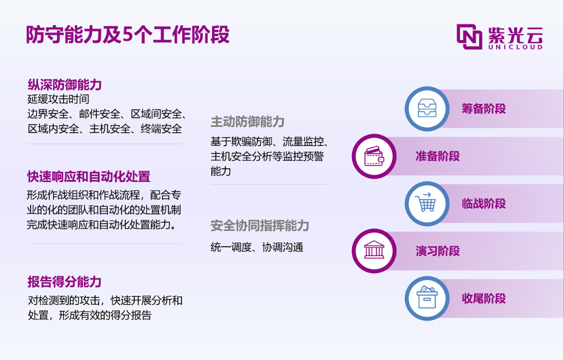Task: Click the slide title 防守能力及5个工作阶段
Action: tap(128, 35)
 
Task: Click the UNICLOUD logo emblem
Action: tap(470, 36)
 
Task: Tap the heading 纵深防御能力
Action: tap(65, 85)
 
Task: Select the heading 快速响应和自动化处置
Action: tap(88, 177)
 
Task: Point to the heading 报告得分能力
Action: tap(65, 282)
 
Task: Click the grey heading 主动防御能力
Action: tap(247, 122)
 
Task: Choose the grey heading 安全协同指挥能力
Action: tap(260, 226)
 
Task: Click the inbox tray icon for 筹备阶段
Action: tap(427, 108)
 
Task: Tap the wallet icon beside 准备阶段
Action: tap(374, 156)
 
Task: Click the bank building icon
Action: tap(374, 250)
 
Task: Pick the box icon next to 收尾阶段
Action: tap(427, 298)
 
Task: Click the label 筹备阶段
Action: tap(484, 109)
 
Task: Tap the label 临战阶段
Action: tap(484, 204)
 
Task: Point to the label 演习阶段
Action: tap(438, 251)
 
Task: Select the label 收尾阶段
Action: tap(484, 298)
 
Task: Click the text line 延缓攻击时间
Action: tap(58, 99)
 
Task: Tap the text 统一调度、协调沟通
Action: tap(257, 247)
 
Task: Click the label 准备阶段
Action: tap(438, 156)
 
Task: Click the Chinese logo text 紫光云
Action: tap(515, 35)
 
